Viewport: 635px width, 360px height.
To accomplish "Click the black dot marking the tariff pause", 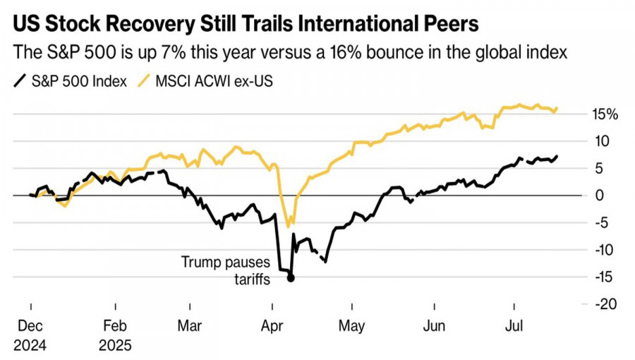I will click(291, 277).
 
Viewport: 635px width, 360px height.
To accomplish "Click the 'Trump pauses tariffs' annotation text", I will click(226, 270).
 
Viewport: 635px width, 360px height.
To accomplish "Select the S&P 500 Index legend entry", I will click(71, 81).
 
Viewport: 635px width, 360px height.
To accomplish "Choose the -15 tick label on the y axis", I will click(604, 277).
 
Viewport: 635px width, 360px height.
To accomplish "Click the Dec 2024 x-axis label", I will click(30, 335).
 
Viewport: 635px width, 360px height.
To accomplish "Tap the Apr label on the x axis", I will click(272, 326).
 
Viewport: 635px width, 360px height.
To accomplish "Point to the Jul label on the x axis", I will click(513, 326).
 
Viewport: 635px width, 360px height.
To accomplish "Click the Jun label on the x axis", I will click(434, 326).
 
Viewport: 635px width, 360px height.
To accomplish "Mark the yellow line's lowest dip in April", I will click(288, 226).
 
